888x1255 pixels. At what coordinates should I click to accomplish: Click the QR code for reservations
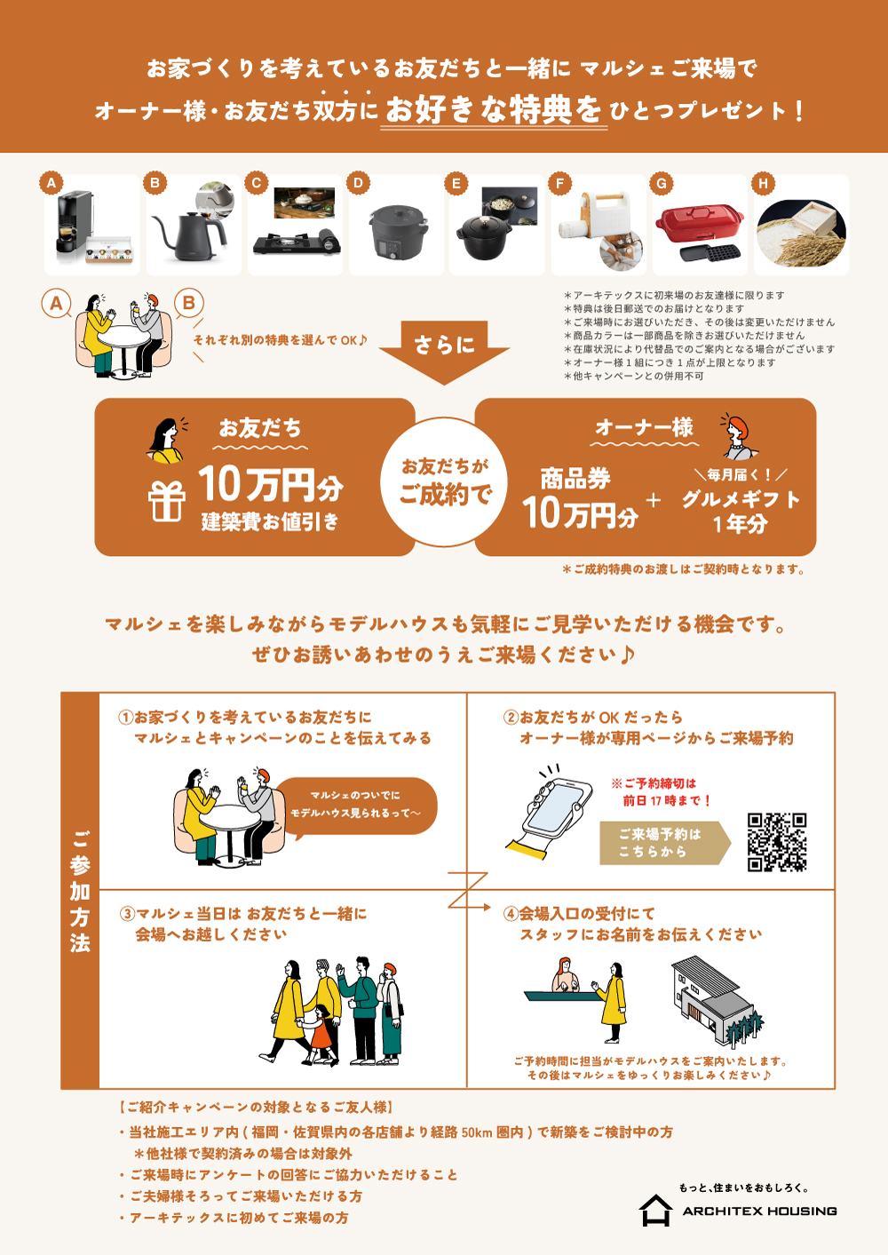776,842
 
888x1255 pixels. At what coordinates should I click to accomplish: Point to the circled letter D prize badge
358,183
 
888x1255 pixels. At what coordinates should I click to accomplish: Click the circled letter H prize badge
763,183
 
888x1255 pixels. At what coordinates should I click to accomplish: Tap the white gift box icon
166,502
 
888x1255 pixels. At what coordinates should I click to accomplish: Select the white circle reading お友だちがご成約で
444,481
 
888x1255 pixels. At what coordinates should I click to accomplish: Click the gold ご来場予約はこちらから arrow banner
665,843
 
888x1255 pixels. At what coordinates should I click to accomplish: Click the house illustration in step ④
717,1001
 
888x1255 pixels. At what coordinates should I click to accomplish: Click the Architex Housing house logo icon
655,1211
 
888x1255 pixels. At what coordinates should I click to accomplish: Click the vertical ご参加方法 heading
80,891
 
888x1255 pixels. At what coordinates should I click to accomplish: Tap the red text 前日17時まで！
667,800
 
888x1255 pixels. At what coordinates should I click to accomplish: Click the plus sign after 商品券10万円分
654,500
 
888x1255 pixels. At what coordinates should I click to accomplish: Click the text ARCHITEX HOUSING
759,1211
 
